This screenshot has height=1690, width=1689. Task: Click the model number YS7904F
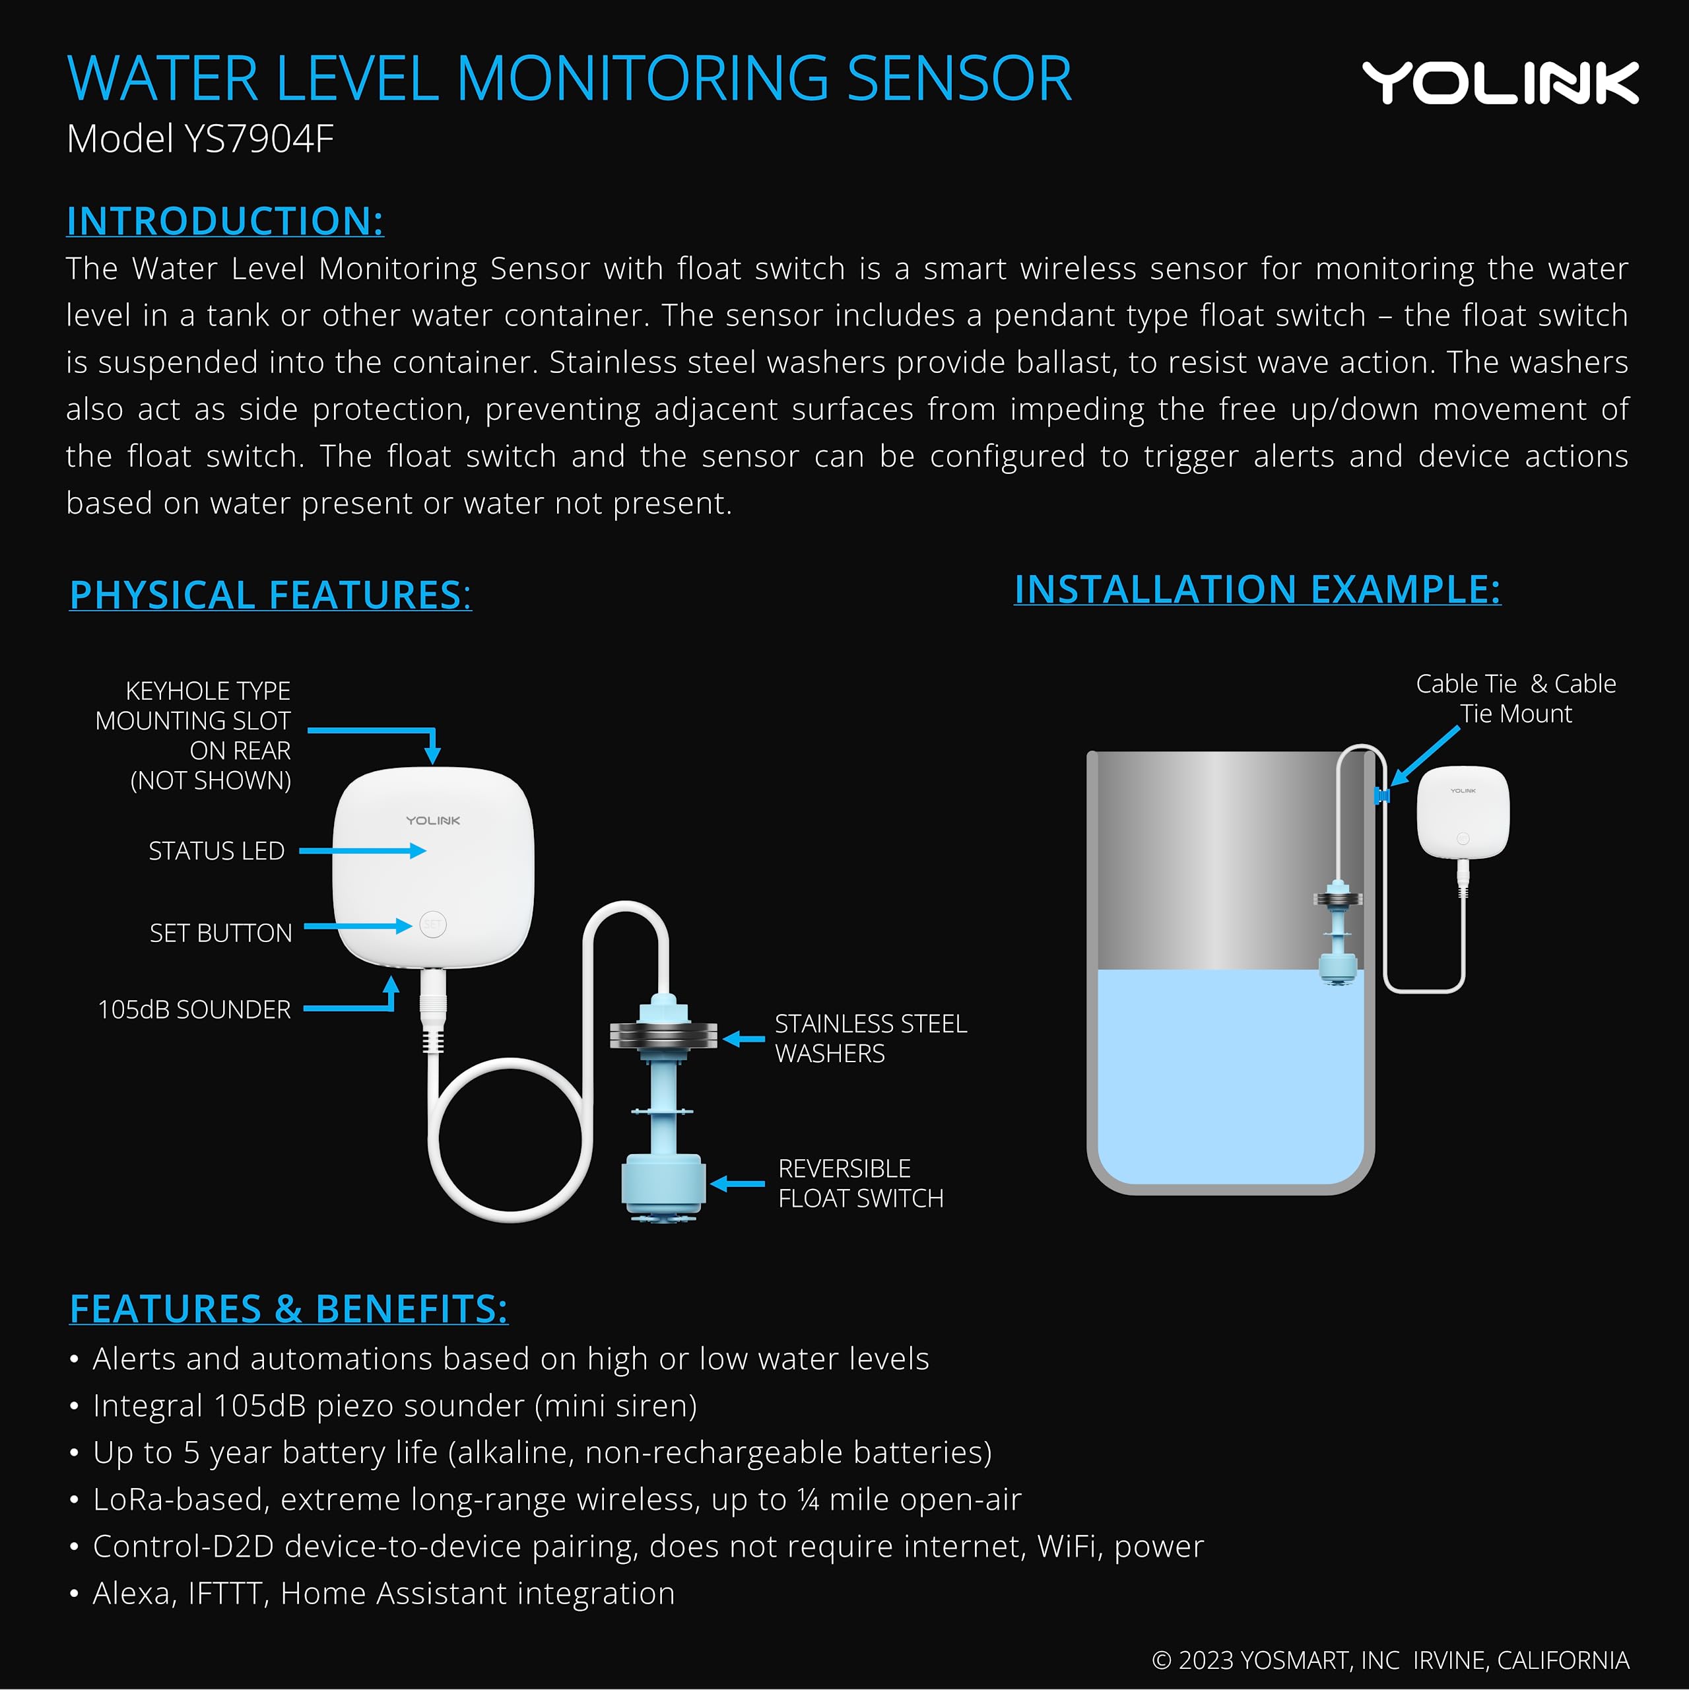click(x=259, y=139)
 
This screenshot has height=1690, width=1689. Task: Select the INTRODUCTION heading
click(x=225, y=220)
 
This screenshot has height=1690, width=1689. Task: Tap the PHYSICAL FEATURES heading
click(x=270, y=595)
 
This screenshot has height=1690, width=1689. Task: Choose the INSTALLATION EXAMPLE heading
click(x=1257, y=589)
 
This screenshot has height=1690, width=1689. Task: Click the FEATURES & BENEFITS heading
click(x=288, y=1308)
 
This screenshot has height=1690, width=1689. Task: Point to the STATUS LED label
click(x=216, y=850)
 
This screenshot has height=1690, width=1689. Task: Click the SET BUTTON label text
click(x=220, y=933)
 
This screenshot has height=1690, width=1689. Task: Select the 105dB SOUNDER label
click(x=194, y=1009)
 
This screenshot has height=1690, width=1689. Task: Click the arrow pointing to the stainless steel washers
click(x=743, y=1038)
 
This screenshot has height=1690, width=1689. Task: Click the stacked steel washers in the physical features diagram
click(x=663, y=1036)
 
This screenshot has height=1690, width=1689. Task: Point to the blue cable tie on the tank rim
click(x=1381, y=794)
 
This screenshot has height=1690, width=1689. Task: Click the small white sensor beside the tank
click(x=1463, y=812)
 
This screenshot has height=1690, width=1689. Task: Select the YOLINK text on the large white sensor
click(x=433, y=821)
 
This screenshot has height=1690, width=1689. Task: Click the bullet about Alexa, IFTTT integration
click(x=383, y=1593)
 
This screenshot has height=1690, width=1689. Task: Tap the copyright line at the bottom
click(x=1390, y=1660)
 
